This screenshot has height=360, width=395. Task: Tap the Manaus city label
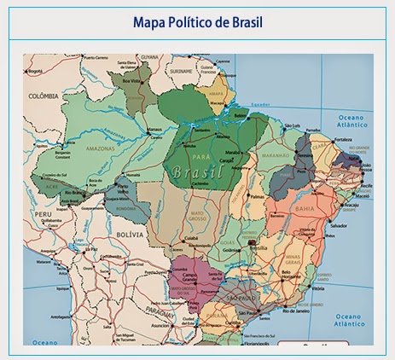click(x=154, y=131)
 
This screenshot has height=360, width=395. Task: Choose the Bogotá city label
click(x=34, y=72)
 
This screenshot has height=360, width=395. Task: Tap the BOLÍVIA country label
click(x=128, y=232)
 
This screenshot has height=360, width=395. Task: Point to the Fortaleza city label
click(x=344, y=139)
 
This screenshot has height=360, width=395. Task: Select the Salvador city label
click(x=339, y=225)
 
